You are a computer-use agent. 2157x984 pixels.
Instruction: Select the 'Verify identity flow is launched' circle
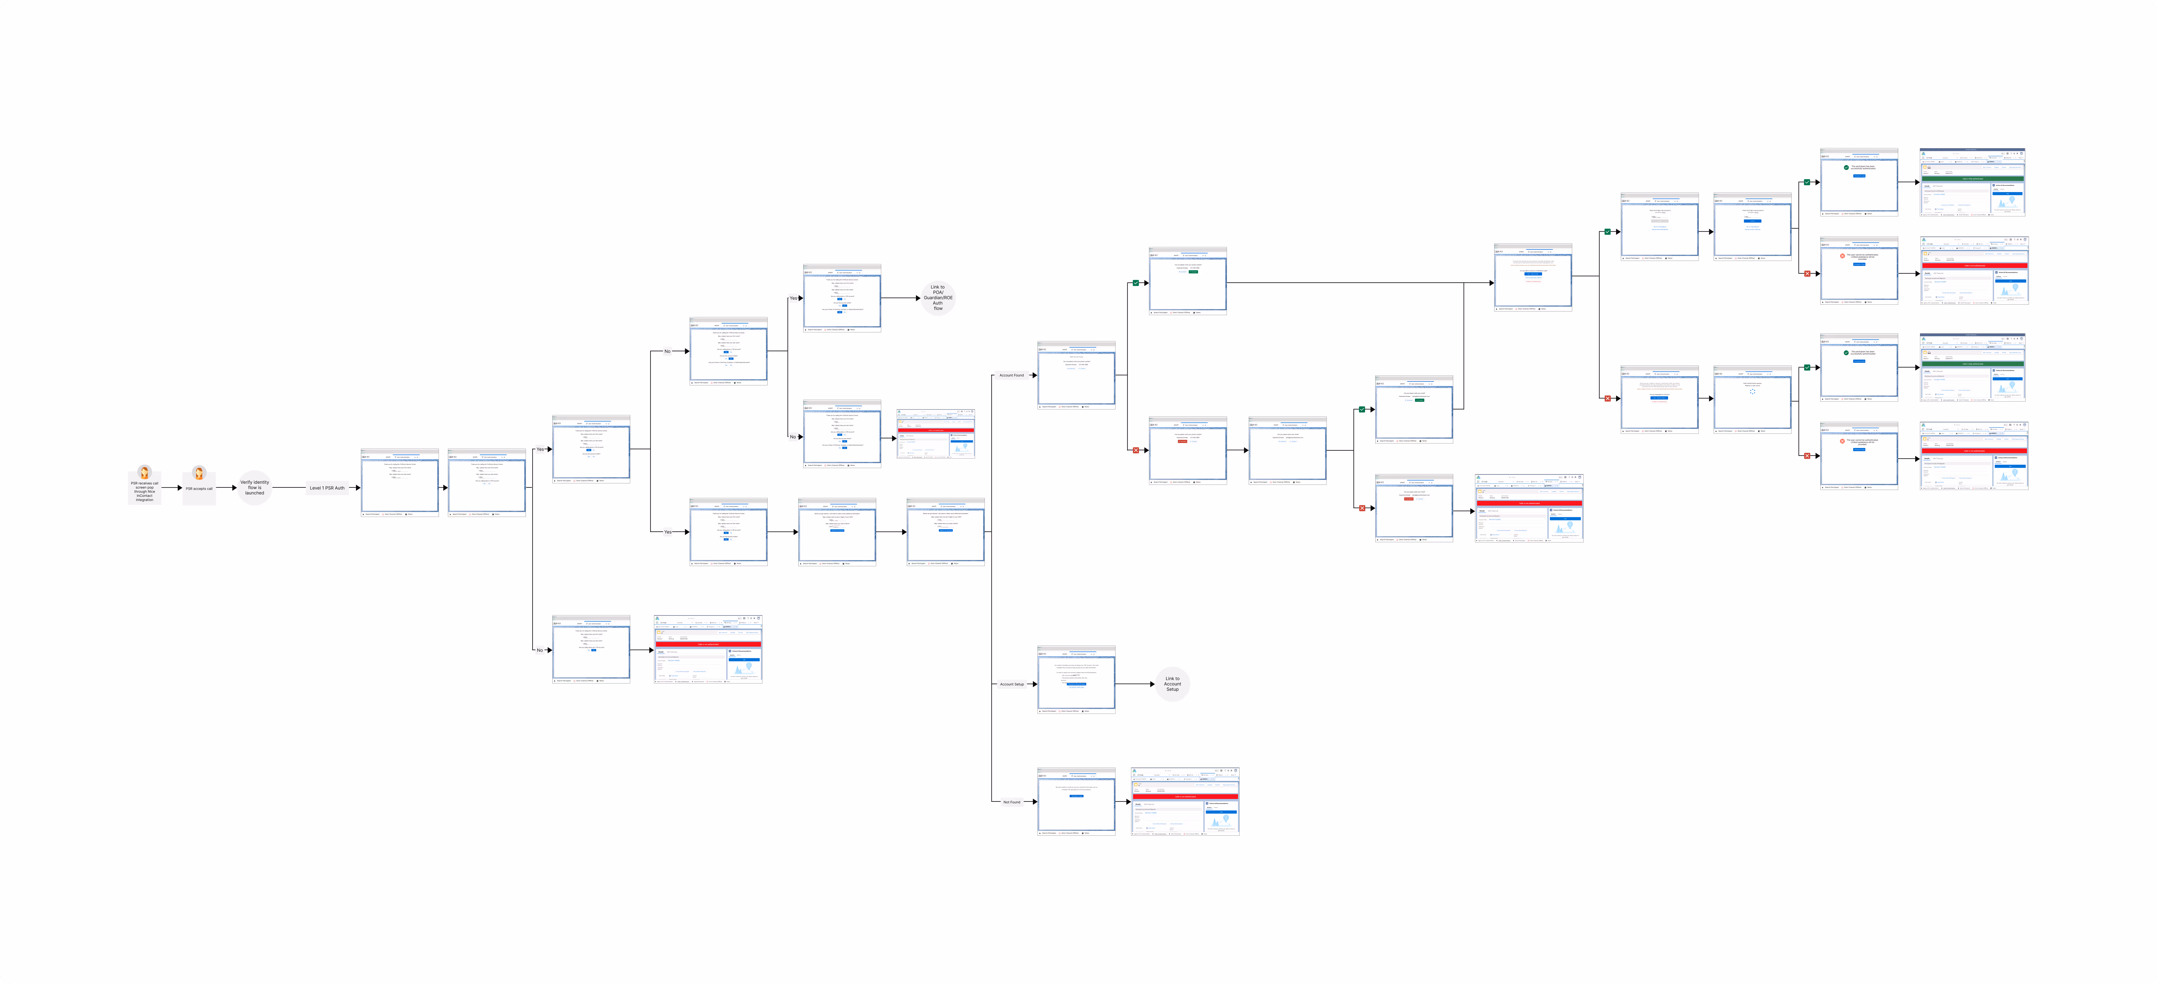tap(254, 488)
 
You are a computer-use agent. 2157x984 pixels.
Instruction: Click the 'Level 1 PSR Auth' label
tap(327, 488)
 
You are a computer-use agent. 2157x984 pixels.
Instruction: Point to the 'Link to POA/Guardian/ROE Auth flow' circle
tap(938, 297)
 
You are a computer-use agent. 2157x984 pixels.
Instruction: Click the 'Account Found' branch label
tap(1012, 375)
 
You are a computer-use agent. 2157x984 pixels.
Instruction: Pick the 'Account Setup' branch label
tap(1012, 684)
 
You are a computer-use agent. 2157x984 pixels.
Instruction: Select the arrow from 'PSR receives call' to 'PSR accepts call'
tap(172, 488)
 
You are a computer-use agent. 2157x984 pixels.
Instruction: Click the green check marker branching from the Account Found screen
tap(1135, 283)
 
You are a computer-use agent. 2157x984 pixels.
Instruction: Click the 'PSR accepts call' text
tap(199, 488)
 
